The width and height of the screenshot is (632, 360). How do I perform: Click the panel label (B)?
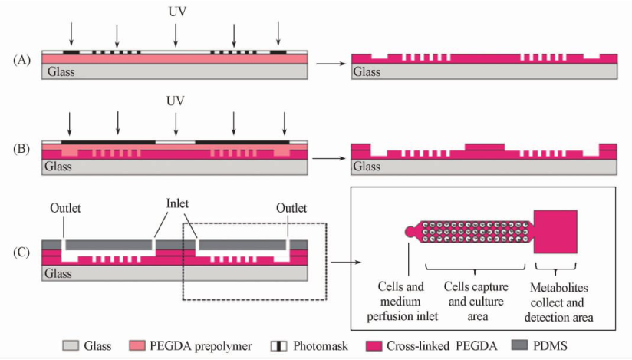point(20,150)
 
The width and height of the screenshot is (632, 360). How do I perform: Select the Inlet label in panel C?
point(177,203)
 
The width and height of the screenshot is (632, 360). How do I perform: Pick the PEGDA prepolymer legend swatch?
point(142,346)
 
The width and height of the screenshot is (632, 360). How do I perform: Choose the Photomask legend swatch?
point(280,346)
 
